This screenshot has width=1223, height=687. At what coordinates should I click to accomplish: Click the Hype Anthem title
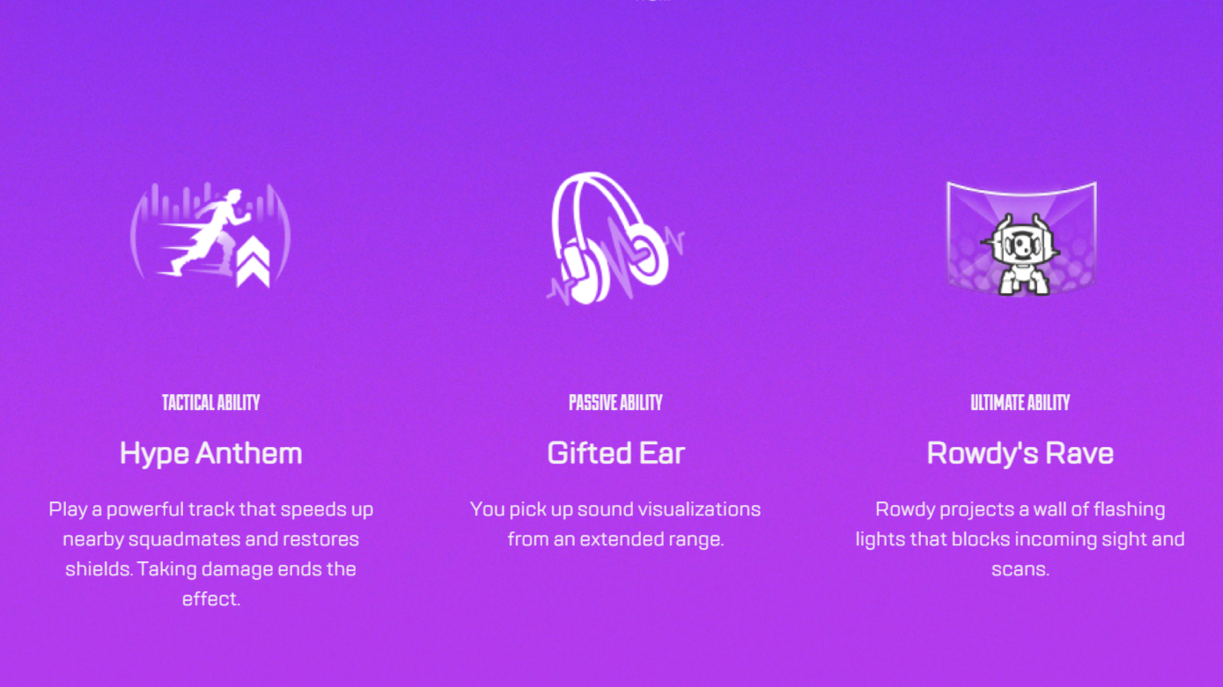(210, 454)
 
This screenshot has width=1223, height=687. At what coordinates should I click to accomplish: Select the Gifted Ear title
(615, 453)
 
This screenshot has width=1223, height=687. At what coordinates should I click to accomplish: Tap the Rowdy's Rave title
(1020, 453)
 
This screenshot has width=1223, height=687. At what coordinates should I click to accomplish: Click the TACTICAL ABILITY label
(210, 403)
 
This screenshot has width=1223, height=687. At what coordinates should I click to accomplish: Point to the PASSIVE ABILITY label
(615, 403)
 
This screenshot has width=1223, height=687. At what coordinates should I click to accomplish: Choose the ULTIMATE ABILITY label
(1020, 403)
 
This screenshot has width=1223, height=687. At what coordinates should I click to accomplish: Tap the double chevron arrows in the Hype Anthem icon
(253, 262)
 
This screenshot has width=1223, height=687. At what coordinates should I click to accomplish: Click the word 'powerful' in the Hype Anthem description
(145, 510)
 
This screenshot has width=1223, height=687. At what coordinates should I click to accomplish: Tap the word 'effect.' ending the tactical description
(210, 599)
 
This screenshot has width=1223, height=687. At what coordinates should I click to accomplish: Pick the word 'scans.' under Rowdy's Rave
(1020, 570)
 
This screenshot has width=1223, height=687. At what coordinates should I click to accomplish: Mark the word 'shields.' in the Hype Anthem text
(99, 569)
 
